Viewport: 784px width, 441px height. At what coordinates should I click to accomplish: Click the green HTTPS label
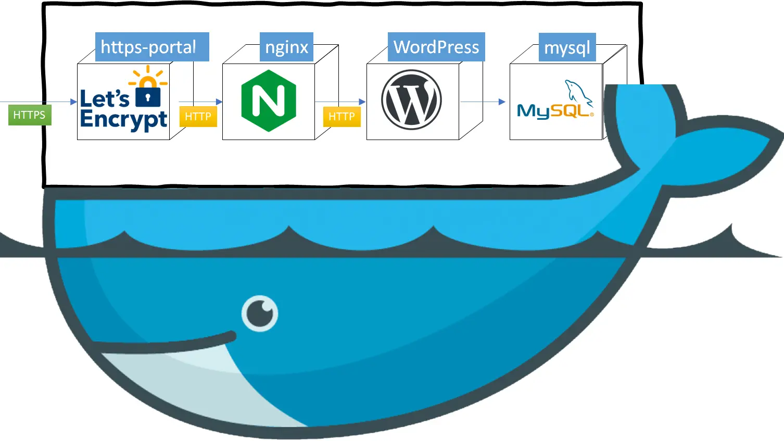29,115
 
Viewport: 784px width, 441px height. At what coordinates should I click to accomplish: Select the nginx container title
286,47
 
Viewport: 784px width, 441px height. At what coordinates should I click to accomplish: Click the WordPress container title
436,47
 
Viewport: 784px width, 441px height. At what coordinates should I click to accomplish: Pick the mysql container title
567,47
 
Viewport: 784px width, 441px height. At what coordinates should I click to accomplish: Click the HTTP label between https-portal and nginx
198,117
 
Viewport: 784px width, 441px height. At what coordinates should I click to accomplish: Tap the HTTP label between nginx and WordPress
342,117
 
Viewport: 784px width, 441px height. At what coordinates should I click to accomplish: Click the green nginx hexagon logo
269,100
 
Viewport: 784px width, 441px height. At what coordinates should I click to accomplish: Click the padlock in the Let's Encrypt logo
148,95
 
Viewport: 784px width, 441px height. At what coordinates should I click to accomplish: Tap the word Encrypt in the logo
123,120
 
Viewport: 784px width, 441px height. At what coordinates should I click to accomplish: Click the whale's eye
260,313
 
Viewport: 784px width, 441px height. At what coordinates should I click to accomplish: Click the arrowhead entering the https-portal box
73,102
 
